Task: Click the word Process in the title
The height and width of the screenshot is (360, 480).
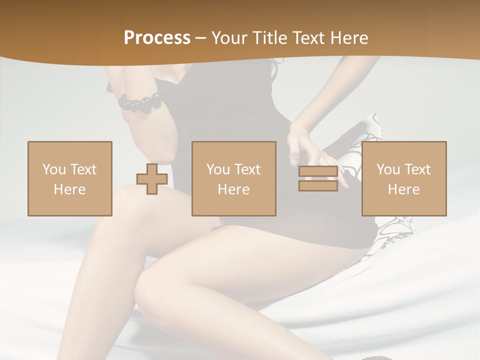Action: [x=157, y=38]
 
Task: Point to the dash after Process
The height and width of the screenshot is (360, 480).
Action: [x=200, y=38]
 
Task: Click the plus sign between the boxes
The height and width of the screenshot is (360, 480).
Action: [x=152, y=178]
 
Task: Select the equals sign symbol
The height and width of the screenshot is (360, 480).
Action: [x=318, y=178]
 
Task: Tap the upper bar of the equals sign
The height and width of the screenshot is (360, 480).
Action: [x=318, y=171]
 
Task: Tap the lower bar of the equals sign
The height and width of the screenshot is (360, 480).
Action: [x=318, y=185]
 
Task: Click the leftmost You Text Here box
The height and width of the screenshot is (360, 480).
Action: [x=70, y=178]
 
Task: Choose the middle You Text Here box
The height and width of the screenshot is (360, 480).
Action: [x=234, y=178]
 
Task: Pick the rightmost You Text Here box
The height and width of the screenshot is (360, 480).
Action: [x=404, y=178]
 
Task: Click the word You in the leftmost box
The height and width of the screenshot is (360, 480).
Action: [x=53, y=169]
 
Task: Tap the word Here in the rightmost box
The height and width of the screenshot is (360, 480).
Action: [x=404, y=189]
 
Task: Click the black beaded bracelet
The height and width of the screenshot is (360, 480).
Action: [x=141, y=101]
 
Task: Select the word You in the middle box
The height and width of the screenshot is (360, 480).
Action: [x=218, y=169]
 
